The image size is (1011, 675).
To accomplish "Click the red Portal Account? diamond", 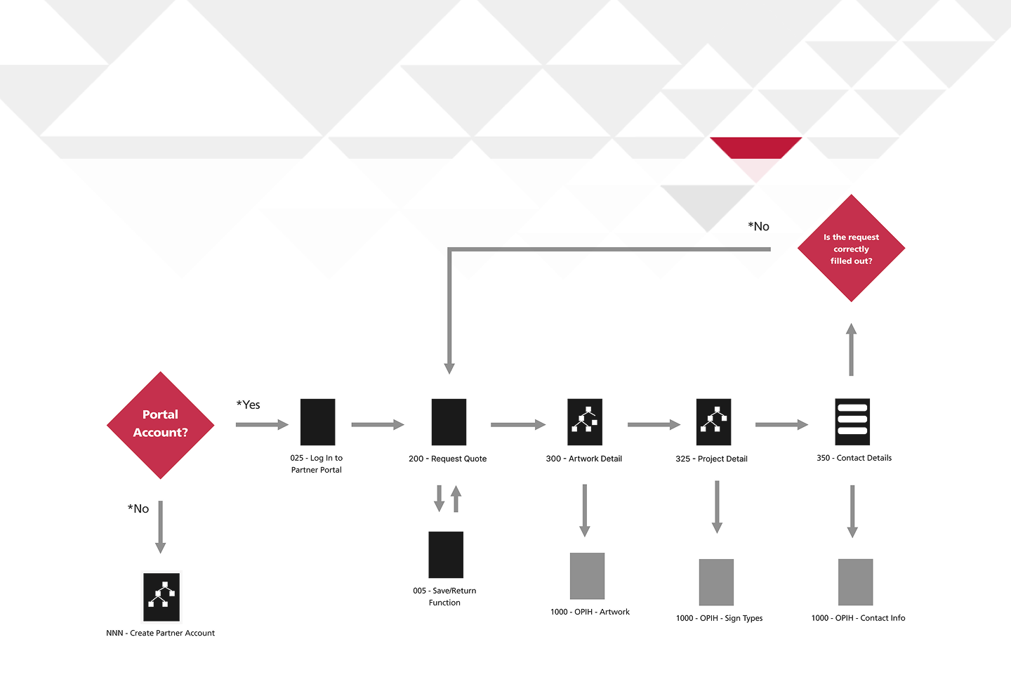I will pyautogui.click(x=160, y=425).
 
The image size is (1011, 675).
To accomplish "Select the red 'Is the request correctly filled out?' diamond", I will pyautogui.click(x=851, y=249).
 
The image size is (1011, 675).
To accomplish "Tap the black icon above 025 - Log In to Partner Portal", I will pyautogui.click(x=317, y=422).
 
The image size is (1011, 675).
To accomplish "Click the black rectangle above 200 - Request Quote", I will pyautogui.click(x=449, y=422).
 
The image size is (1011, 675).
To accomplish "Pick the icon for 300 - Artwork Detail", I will pyautogui.click(x=585, y=422).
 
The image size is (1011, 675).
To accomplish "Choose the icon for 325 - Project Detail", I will pyautogui.click(x=713, y=422).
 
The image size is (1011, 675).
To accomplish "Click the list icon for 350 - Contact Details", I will pyautogui.click(x=852, y=421).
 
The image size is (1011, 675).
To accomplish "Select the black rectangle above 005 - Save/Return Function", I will pyautogui.click(x=446, y=554).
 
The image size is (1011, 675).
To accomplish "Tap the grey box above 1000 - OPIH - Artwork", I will pyautogui.click(x=587, y=576).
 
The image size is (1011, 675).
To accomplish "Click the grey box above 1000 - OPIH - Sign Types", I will pyautogui.click(x=716, y=582).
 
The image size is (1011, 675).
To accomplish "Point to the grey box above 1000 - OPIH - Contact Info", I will pyautogui.click(x=855, y=582).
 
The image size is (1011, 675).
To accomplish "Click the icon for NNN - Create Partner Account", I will pyautogui.click(x=161, y=597).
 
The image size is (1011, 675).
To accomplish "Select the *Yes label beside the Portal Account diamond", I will pyautogui.click(x=249, y=405).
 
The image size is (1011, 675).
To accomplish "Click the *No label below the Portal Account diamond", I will pyautogui.click(x=138, y=509).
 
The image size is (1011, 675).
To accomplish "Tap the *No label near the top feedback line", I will pyautogui.click(x=759, y=226).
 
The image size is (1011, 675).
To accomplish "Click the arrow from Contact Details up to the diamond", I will pyautogui.click(x=851, y=349).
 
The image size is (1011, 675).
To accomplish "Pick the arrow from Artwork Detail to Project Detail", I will pyautogui.click(x=654, y=424).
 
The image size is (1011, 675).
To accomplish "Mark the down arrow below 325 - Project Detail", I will pyautogui.click(x=717, y=506).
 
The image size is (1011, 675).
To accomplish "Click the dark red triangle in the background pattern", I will pyautogui.click(x=755, y=147).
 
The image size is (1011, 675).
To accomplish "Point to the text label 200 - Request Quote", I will pyautogui.click(x=447, y=459).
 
